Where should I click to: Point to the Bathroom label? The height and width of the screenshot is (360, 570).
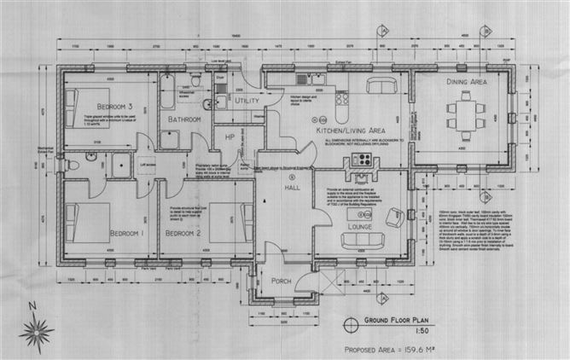[184, 120]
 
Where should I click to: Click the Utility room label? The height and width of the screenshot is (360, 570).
[247, 101]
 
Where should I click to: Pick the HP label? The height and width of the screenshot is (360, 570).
[229, 136]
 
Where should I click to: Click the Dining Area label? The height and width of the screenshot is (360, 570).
[467, 83]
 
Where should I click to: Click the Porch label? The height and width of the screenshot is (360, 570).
[282, 281]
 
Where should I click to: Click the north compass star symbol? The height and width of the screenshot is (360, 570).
[36, 328]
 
